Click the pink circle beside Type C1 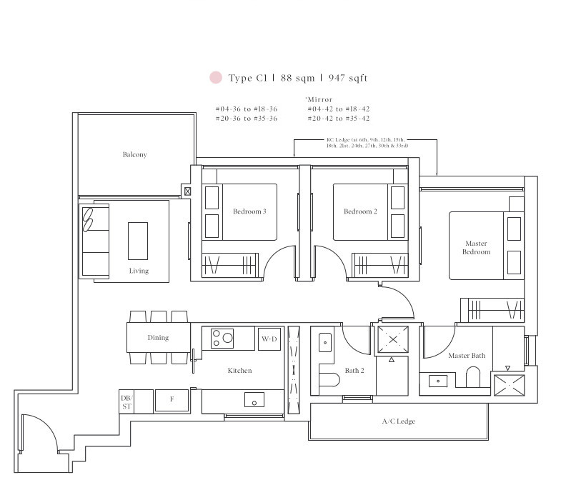[x=216, y=77]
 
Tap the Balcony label [x=135, y=154]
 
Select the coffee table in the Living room [x=138, y=241]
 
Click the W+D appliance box [x=269, y=339]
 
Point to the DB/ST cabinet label [x=126, y=402]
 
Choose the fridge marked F [x=172, y=400]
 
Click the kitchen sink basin [x=254, y=400]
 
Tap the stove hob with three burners [x=222, y=339]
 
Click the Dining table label [x=159, y=338]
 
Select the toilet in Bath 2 [x=329, y=380]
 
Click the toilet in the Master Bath [x=473, y=378]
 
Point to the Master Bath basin [x=438, y=381]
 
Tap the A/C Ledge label [x=399, y=421]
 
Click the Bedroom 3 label [x=249, y=211]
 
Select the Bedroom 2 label [x=360, y=211]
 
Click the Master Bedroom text [x=476, y=248]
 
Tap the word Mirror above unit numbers [x=320, y=99]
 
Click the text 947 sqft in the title [x=348, y=78]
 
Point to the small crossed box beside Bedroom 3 [x=188, y=191]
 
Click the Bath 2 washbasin [x=325, y=343]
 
